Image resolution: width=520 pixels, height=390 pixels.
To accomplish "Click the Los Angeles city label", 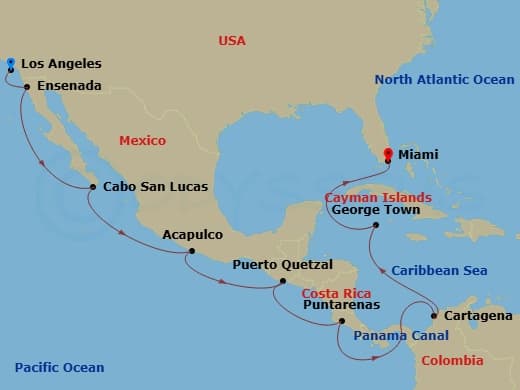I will (61, 64).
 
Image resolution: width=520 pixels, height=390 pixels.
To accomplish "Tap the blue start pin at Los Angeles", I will (10, 65).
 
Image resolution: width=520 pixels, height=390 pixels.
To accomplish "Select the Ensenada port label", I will (69, 87).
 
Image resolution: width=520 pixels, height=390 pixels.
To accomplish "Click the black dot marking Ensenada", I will (27, 87).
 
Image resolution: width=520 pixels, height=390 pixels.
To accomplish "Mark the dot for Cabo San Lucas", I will (93, 186).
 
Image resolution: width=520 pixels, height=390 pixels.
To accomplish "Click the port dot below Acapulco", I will (190, 251).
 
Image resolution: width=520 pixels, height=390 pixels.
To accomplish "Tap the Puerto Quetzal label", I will (275, 266).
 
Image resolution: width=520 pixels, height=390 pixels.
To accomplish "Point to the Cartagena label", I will (474, 316).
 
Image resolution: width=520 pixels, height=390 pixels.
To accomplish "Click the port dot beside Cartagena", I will (434, 316).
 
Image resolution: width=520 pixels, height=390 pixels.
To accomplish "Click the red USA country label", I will (232, 41).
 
